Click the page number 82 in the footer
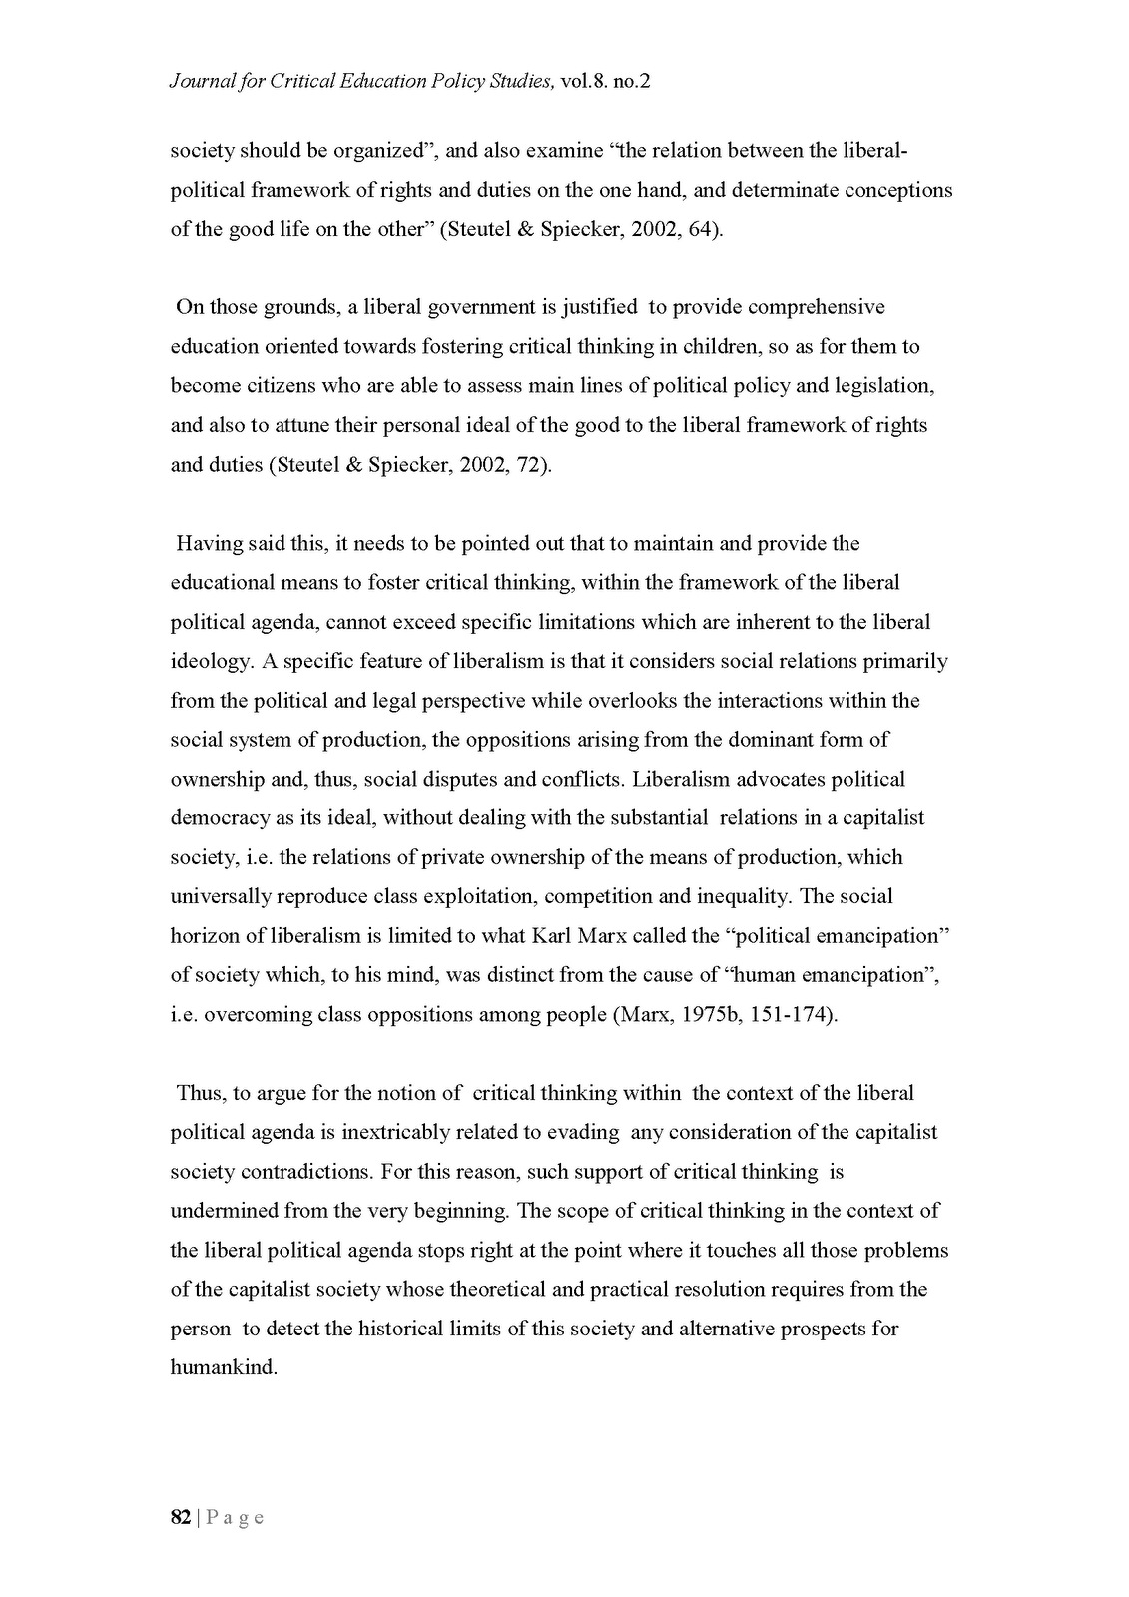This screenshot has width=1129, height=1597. pos(181,1517)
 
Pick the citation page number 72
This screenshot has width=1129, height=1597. pos(528,465)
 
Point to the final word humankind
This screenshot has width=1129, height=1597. pos(222,1367)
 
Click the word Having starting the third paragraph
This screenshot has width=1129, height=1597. pos(211,544)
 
